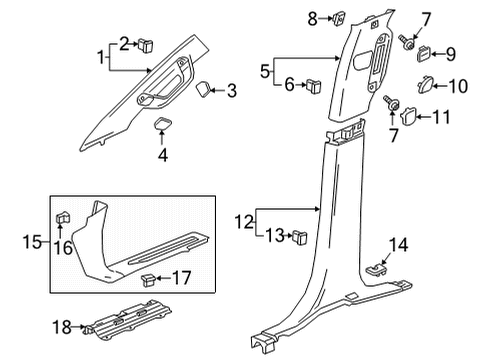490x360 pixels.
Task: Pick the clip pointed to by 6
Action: pos(313,85)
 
